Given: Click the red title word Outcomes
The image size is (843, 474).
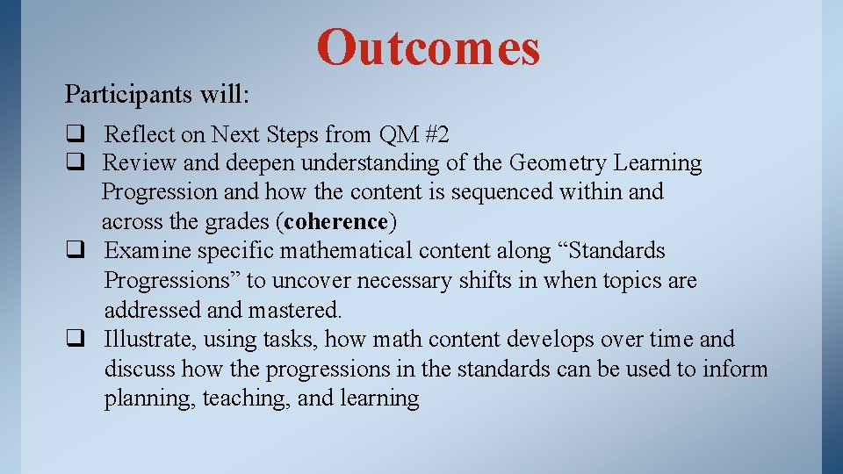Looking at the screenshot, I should (428, 47).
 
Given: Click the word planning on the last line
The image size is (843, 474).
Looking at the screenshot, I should (149, 399).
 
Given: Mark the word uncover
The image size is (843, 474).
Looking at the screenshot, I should (313, 281).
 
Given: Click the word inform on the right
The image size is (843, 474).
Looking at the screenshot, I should (735, 370).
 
